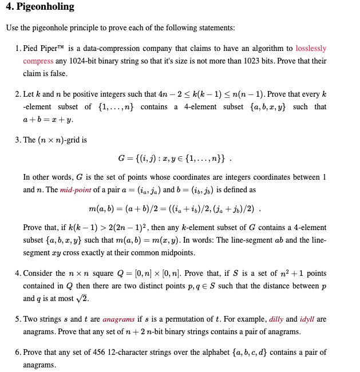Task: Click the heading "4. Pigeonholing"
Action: pos(39,7)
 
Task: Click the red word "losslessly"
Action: pos(311,49)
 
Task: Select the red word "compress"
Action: pos(38,61)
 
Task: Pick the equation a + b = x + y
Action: pos(48,119)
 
